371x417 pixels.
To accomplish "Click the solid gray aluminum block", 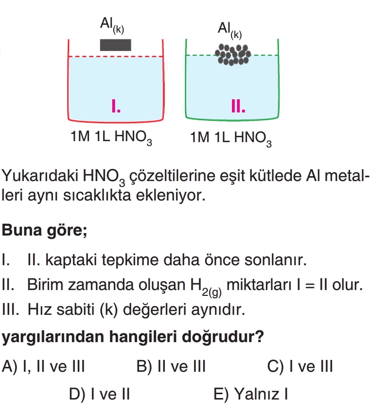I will pos(115,44).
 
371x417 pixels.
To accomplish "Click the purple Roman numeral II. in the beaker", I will pos(238,106).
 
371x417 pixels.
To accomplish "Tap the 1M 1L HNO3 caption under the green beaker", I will pos(231,139).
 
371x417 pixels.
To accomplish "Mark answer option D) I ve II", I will pos(99,394).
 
